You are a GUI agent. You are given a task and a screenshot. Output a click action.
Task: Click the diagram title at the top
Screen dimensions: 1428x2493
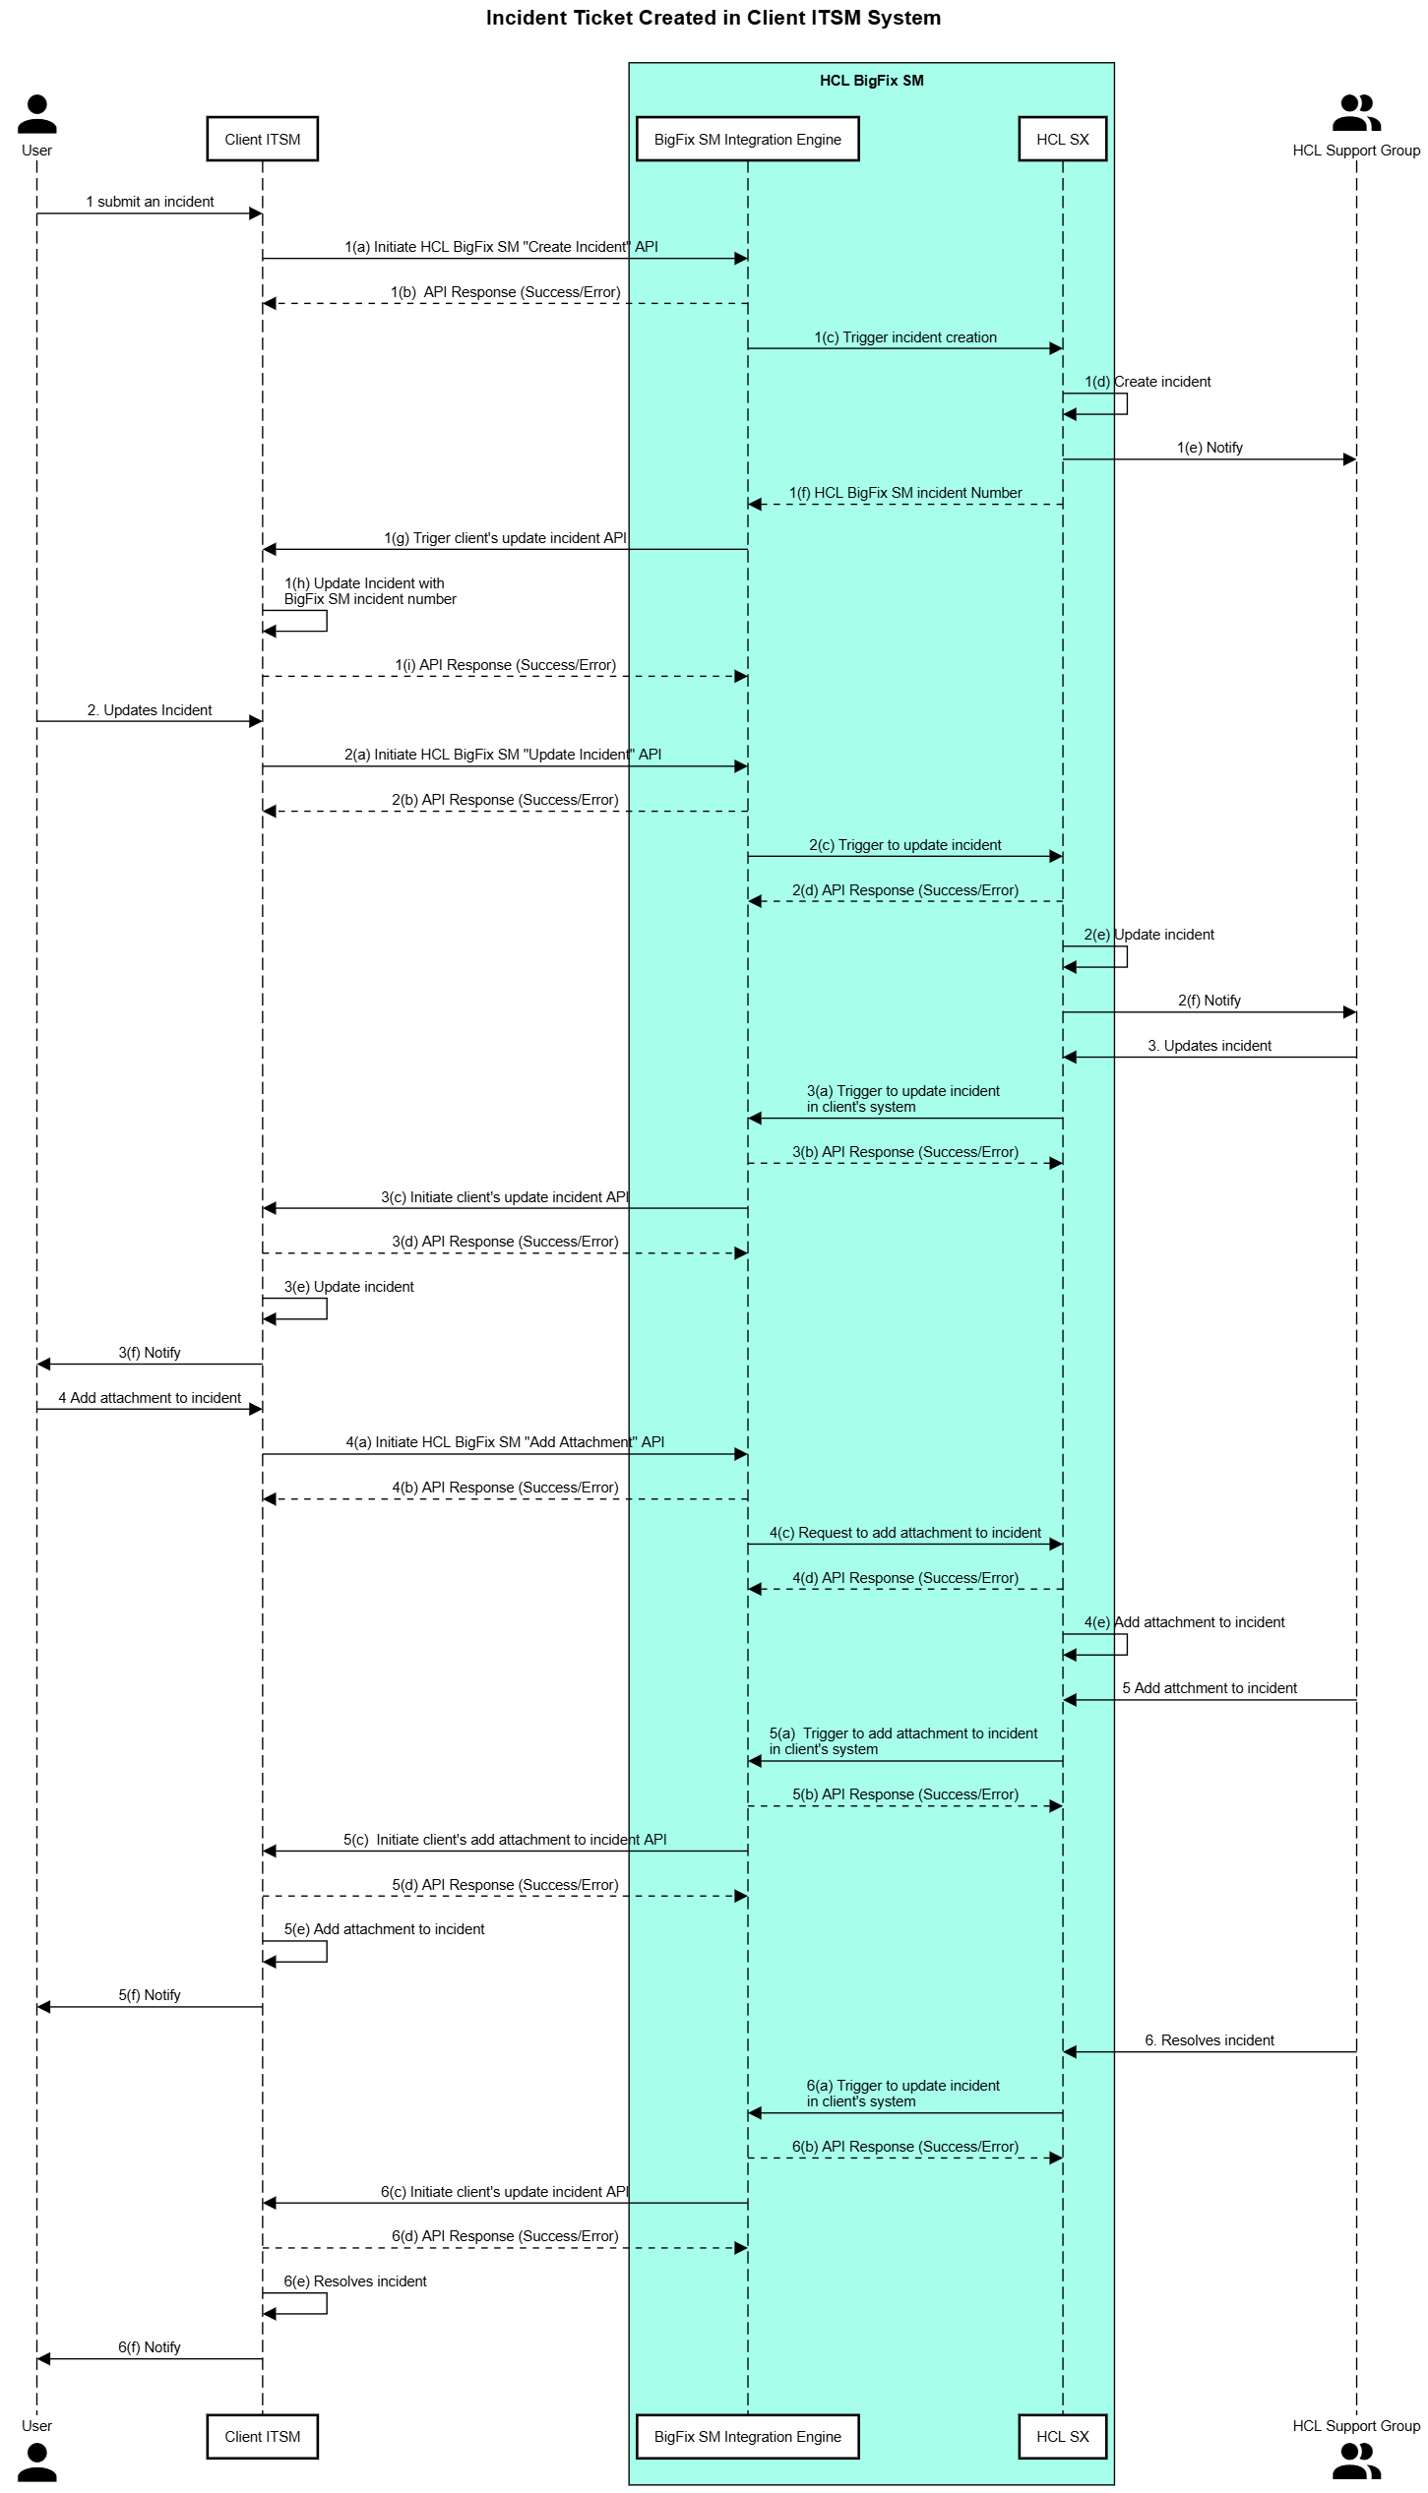coord(714,18)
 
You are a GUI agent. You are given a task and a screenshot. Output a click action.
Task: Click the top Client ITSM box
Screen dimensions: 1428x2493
coord(262,139)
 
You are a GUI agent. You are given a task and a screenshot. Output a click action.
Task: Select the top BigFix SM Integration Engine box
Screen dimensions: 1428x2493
coord(747,139)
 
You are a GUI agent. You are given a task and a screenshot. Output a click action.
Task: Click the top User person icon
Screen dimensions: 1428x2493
coord(37,114)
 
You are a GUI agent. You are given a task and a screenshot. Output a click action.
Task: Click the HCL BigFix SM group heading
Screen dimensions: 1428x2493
coord(871,81)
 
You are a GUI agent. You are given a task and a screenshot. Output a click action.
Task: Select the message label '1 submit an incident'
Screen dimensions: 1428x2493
coord(150,202)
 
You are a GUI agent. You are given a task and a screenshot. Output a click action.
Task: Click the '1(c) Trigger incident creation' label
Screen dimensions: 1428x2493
coord(905,337)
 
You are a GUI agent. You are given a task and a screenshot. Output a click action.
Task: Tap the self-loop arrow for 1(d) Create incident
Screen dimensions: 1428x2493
coord(1126,404)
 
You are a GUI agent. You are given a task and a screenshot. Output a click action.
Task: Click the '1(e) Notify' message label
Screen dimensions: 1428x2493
coord(1210,448)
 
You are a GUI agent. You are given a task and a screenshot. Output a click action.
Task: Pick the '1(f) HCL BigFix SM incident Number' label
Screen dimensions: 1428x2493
coord(905,493)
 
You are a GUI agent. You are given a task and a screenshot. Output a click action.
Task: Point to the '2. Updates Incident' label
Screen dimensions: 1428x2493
coord(150,710)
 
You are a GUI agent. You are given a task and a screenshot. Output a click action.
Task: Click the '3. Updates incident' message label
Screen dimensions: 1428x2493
coord(1210,1046)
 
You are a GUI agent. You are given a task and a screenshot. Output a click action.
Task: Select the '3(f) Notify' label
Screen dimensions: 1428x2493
coord(150,1353)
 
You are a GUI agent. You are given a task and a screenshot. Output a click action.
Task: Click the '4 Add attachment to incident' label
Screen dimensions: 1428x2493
coord(150,1398)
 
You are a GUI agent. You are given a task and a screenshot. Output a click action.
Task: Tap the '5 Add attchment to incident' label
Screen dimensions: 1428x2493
coord(1210,1688)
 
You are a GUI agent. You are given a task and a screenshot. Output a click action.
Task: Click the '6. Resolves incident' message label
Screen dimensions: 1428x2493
coord(1210,2040)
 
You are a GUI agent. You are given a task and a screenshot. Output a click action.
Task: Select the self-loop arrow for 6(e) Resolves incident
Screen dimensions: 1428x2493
coord(326,2304)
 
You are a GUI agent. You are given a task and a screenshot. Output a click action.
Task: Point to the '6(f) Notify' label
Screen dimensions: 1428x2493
coord(150,2347)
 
